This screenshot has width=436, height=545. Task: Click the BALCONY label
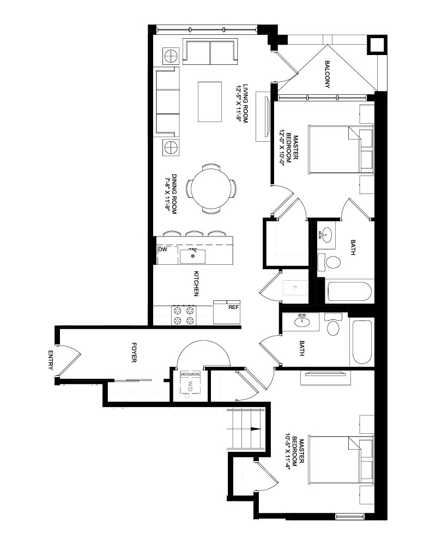pos(327,74)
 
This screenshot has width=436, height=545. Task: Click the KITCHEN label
pos(196,283)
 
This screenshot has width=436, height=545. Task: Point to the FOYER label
pos(134,353)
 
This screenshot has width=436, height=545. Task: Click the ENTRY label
pos(51,360)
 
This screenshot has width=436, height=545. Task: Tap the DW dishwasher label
pos(162,250)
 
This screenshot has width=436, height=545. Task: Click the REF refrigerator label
pos(234,307)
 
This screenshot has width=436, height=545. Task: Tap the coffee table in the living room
pos(210,101)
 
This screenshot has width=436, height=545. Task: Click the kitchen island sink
pos(192,257)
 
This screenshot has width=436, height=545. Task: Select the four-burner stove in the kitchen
pos(184,315)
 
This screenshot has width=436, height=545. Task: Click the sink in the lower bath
pos(302,322)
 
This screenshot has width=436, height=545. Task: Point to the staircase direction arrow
pos(256,429)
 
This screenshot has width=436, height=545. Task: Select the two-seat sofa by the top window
pos(210,52)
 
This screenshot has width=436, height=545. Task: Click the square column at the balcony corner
pos(377,44)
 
